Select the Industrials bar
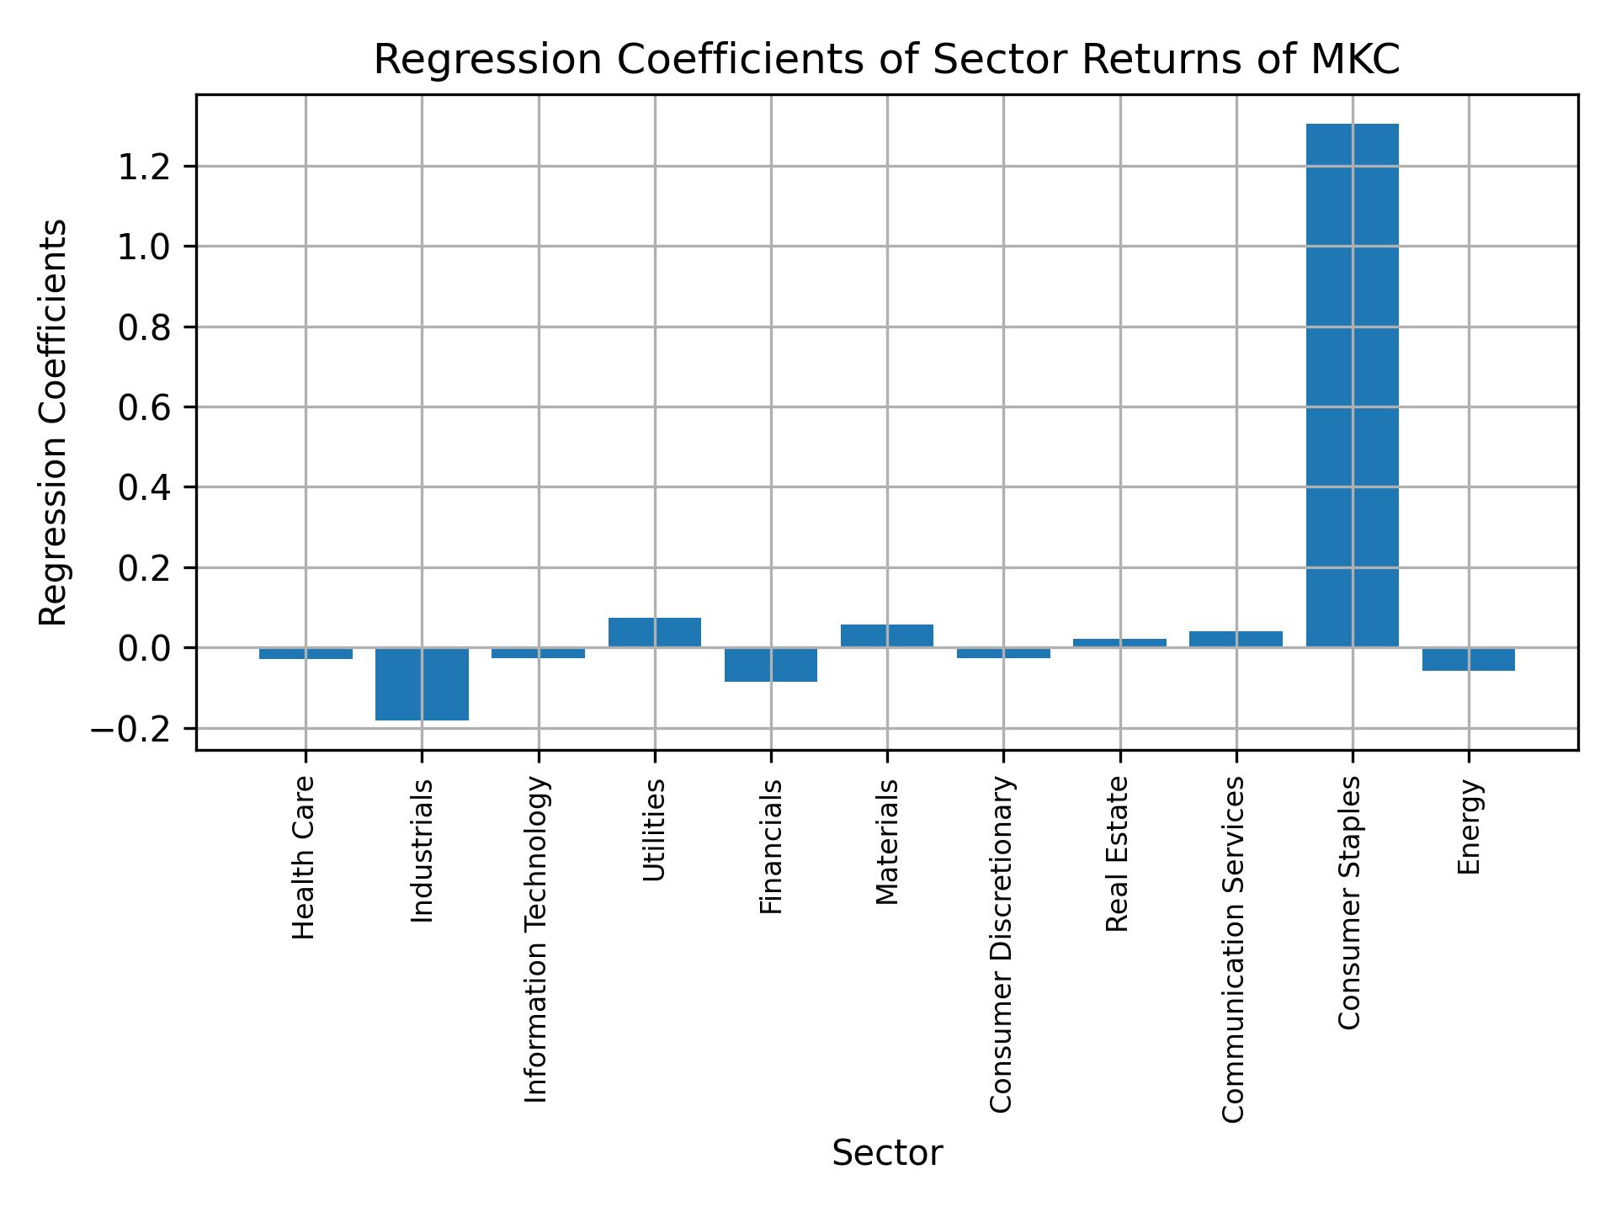point(422,683)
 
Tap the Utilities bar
point(654,632)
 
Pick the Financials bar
point(770,664)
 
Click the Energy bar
point(1468,659)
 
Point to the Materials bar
point(886,635)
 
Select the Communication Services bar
point(1236,639)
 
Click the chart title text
point(886,60)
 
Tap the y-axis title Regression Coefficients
point(54,423)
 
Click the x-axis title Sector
point(886,1153)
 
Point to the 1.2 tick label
point(145,167)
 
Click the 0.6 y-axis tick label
point(145,407)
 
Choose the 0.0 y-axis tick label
point(145,648)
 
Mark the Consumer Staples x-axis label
point(1349,902)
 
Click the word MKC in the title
point(1357,60)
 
